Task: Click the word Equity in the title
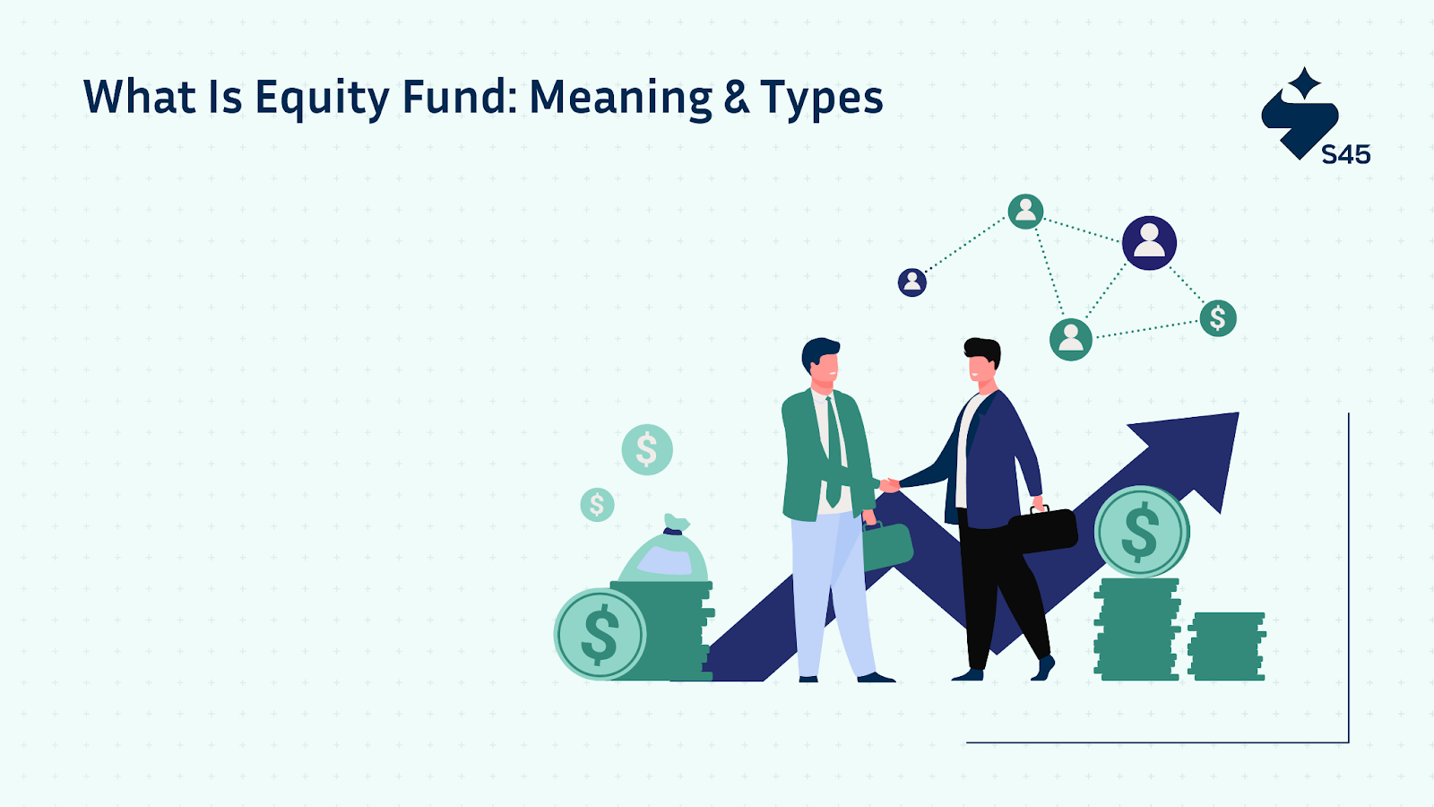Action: (322, 99)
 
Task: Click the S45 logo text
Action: (1345, 154)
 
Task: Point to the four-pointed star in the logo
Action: (1304, 83)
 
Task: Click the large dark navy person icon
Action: (1149, 243)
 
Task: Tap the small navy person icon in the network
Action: (911, 282)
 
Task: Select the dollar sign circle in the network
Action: (1218, 318)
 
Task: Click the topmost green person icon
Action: (1025, 212)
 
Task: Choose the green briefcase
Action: (887, 546)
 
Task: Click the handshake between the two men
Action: (889, 485)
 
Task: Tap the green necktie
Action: (833, 452)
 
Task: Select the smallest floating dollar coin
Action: (597, 505)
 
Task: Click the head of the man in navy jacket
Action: (982, 360)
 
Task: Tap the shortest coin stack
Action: (1227, 646)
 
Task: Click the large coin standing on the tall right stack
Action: (1142, 532)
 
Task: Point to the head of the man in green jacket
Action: (821, 363)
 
